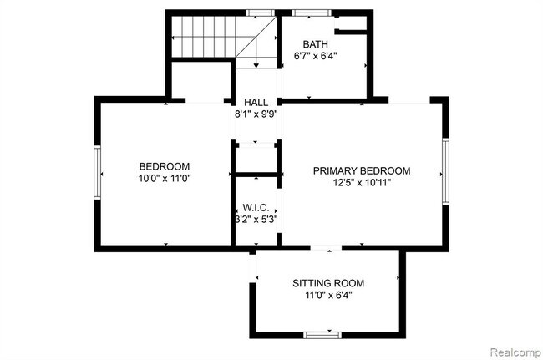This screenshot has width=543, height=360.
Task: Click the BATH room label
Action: point(316,44)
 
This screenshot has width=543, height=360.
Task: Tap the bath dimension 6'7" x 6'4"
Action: point(316,57)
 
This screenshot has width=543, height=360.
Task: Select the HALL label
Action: point(256,103)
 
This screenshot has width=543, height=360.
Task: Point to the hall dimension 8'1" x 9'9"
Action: point(256,115)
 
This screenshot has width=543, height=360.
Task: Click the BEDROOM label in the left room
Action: point(164,166)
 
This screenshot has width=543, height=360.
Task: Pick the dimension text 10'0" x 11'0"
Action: point(164,179)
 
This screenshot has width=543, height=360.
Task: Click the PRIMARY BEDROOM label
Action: point(362,170)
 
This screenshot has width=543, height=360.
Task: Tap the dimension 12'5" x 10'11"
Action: point(362,183)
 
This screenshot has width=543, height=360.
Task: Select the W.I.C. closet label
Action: point(255,207)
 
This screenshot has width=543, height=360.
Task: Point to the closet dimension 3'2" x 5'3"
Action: point(255,220)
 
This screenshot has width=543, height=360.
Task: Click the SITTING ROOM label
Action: point(327,283)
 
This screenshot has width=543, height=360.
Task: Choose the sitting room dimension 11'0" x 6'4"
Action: point(327,296)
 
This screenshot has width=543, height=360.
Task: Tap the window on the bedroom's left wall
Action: point(97,173)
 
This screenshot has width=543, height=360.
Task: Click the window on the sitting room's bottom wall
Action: point(322,335)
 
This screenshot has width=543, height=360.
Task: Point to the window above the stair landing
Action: point(261,13)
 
